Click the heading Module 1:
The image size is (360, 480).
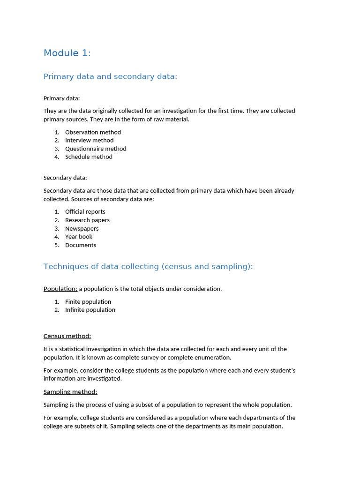tap(67, 53)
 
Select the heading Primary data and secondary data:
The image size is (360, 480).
tap(110, 76)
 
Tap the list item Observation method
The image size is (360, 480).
tap(93, 132)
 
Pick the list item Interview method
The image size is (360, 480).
tap(89, 140)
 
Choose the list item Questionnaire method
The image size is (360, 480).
tap(96, 149)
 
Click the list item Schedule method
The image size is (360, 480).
tap(89, 157)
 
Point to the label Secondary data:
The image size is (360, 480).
tap(65, 178)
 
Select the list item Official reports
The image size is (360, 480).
tap(85, 212)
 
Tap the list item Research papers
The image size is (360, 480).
tap(87, 220)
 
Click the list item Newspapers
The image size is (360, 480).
tap(82, 228)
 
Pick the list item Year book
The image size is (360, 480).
tap(79, 237)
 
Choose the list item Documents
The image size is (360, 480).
tap(81, 245)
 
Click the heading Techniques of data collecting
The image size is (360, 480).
tap(148, 266)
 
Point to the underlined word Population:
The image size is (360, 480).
tap(60, 289)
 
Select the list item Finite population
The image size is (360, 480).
tap(88, 302)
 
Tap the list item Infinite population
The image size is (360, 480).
tap(90, 310)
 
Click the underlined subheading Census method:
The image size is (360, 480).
tap(67, 336)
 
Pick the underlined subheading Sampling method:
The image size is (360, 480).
tap(70, 392)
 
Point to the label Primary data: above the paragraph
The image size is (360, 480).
tap(61, 98)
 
